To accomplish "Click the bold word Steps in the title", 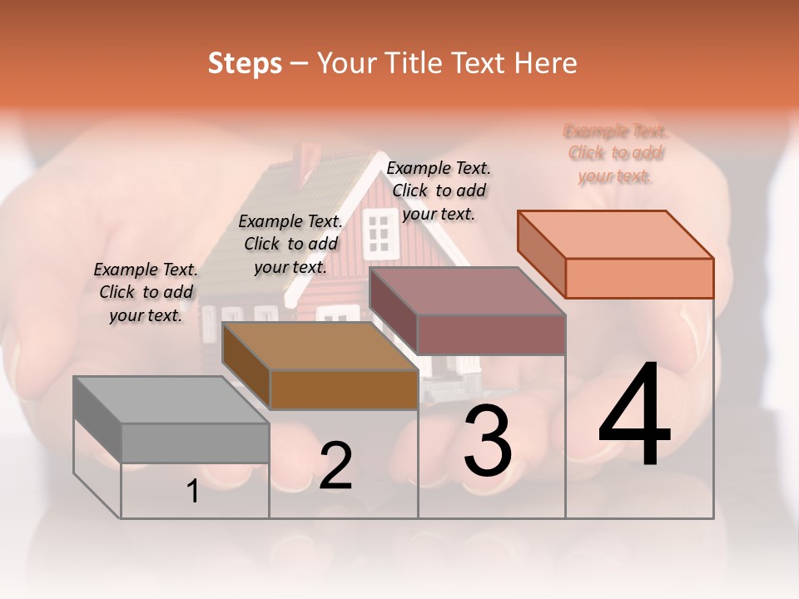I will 245,63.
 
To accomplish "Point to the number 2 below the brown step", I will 335,466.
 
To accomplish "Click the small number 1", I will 193,492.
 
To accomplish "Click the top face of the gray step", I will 171,399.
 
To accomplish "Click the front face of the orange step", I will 639,278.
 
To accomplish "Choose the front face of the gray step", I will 195,443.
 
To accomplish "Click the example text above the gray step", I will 146,292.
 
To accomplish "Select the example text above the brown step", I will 290,244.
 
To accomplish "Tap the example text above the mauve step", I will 439,191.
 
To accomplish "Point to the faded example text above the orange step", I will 616,153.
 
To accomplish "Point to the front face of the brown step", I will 344,389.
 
